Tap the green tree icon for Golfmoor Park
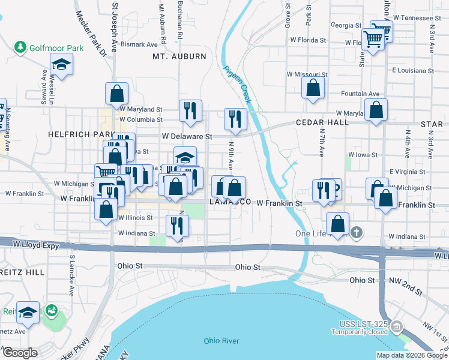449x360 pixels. (20, 46)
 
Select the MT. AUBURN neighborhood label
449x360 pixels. (179, 56)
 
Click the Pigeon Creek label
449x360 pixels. (237, 85)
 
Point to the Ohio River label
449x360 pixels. (221, 341)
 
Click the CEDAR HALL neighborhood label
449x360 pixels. (322, 122)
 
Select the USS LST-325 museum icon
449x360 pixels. (396, 326)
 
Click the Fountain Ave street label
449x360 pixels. (360, 94)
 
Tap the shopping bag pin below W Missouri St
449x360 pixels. (313, 88)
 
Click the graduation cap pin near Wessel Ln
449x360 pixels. (61, 65)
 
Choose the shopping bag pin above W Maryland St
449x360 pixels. (116, 93)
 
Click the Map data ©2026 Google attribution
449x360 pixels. (412, 355)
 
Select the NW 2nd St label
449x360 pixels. (405, 280)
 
